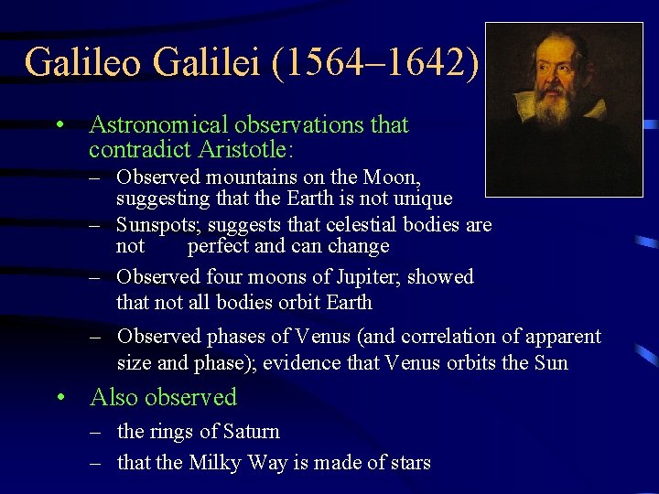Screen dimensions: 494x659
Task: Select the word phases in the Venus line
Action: (236, 337)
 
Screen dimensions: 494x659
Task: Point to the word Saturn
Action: (249, 431)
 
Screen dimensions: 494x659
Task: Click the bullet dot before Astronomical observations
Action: (59, 125)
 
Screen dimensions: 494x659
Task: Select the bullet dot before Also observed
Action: (59, 398)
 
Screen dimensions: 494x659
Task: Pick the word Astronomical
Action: (155, 124)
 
